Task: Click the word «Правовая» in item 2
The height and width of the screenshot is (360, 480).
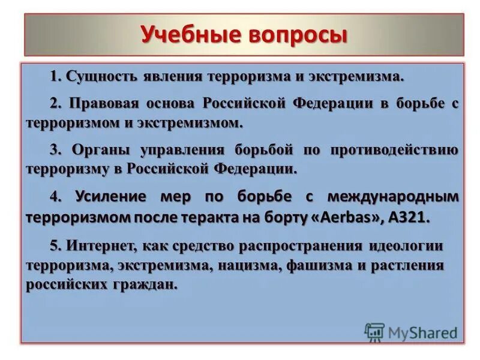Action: coord(100,103)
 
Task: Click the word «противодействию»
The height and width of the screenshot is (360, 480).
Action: coord(394,149)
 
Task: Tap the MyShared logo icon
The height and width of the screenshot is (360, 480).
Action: coord(374,332)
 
